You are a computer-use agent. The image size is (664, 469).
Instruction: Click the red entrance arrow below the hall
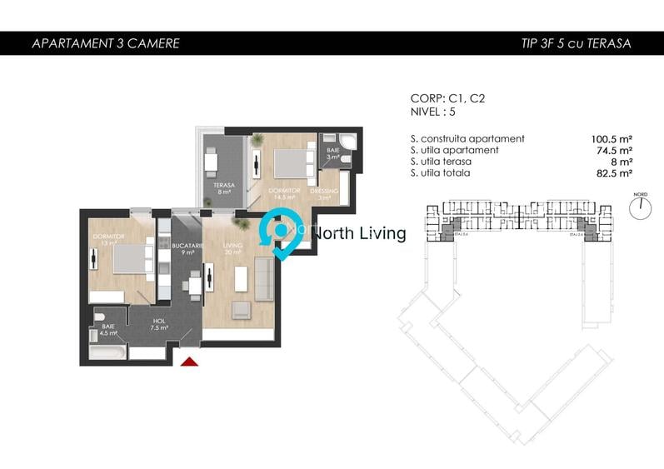coord(190,362)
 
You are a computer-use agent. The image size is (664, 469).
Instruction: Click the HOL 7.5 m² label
coord(160,323)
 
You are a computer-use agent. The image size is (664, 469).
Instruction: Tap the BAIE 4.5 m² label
coord(107,328)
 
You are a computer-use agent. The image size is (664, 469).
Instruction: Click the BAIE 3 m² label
coord(332,153)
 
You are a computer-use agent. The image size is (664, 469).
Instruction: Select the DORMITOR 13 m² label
coord(109,240)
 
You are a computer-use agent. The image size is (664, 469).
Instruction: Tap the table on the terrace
coord(212,159)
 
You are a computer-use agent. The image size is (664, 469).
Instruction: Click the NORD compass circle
coord(640,209)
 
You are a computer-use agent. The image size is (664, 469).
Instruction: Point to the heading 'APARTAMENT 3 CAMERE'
coord(105,43)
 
